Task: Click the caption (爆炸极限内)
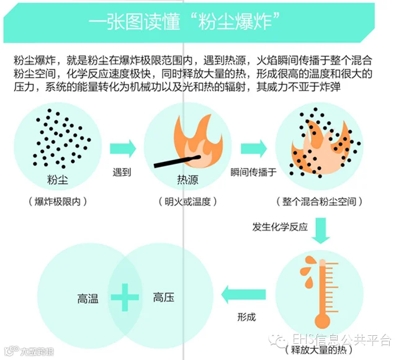[57, 202]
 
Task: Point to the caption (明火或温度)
[186, 202]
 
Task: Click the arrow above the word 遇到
[122, 148]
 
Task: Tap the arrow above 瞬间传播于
[253, 148]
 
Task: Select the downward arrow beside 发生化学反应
[320, 230]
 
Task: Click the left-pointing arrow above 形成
[244, 295]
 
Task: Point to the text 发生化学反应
[280, 227]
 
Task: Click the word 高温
[88, 298]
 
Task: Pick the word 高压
[163, 298]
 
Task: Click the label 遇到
[122, 172]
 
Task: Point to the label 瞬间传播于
[253, 172]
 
